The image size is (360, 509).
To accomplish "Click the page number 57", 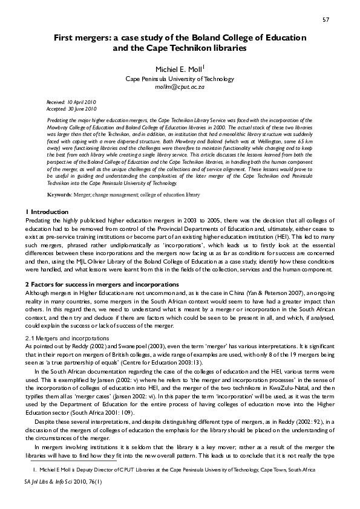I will [325, 20].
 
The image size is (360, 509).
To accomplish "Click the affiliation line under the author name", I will [180, 79].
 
